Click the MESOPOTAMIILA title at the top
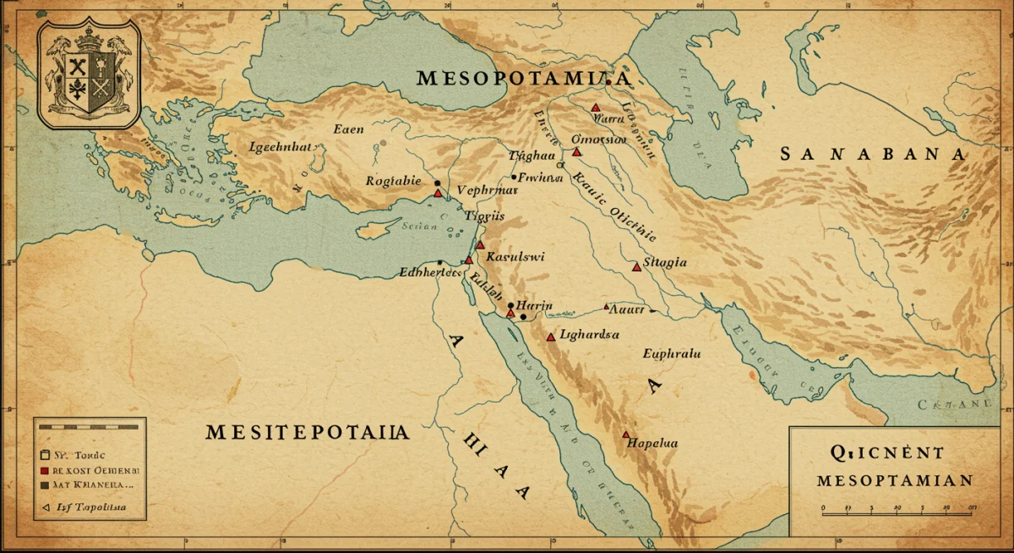524,79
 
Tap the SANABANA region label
872,154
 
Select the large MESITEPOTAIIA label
308,432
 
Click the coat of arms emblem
89,75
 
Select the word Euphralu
672,354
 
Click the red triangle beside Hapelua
626,435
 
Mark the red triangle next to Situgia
636,267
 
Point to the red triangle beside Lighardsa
551,337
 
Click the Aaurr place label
626,309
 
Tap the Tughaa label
532,156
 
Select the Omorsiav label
598,139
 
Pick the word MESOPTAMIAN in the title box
894,480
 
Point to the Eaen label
349,129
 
